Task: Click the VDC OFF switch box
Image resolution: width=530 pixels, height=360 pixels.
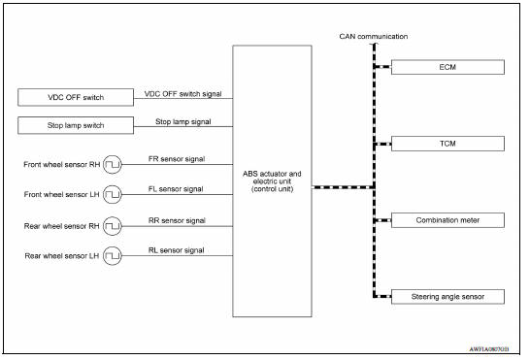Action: pyautogui.click(x=75, y=98)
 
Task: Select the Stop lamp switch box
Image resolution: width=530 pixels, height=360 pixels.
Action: pyautogui.click(x=75, y=126)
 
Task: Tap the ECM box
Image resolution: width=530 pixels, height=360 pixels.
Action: pyautogui.click(x=447, y=68)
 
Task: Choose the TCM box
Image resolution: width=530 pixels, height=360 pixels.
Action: pyautogui.click(x=447, y=144)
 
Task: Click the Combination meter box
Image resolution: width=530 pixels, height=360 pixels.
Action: pyautogui.click(x=447, y=220)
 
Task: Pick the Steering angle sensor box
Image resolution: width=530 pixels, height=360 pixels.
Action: pyautogui.click(x=447, y=296)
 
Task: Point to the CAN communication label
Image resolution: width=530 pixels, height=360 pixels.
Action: pyautogui.click(x=374, y=36)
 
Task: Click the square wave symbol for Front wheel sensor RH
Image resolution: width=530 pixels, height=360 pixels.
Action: pyautogui.click(x=113, y=164)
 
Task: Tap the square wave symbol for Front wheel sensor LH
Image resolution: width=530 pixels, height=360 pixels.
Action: pyautogui.click(x=113, y=194)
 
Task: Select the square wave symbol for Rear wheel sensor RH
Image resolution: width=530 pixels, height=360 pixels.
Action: pyautogui.click(x=113, y=225)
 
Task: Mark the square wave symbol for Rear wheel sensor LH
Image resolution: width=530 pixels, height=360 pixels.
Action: pyautogui.click(x=113, y=255)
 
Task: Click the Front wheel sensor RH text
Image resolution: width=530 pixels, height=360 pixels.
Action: pyautogui.click(x=60, y=164)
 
